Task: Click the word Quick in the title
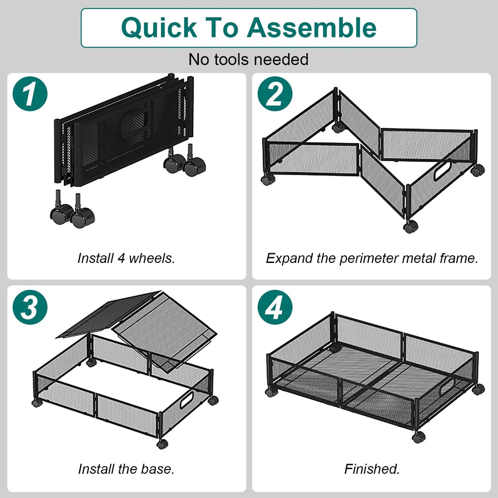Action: [x=159, y=28]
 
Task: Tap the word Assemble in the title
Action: [x=312, y=28]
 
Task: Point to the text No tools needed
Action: [x=248, y=59]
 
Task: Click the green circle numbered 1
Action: [x=30, y=94]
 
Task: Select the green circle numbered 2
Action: [x=275, y=94]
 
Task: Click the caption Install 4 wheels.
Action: [x=126, y=258]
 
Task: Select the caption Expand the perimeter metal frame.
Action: [x=372, y=258]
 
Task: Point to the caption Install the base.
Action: [x=126, y=469]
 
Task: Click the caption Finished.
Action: [x=372, y=469]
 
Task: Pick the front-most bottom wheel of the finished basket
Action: [x=418, y=438]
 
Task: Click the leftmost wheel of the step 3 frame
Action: [x=35, y=403]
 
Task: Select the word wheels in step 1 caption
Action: [x=152, y=258]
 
